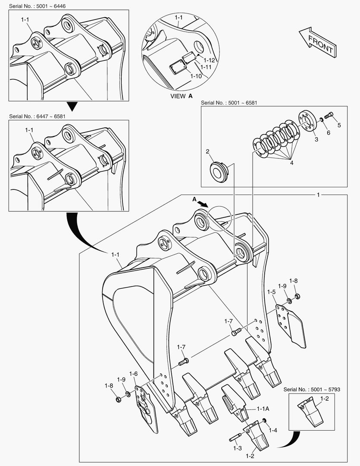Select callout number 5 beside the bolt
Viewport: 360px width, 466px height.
(339, 125)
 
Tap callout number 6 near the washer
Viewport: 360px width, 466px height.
(328, 132)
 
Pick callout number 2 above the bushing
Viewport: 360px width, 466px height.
(207, 151)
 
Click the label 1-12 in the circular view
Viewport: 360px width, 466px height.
(209, 60)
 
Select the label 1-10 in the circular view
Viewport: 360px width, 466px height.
(196, 76)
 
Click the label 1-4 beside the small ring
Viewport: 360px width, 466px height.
(272, 430)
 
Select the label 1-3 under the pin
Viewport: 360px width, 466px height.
(238, 448)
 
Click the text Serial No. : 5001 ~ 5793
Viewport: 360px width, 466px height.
(312, 389)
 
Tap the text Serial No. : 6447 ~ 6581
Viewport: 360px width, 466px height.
(38, 116)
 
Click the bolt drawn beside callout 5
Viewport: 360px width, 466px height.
(329, 115)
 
